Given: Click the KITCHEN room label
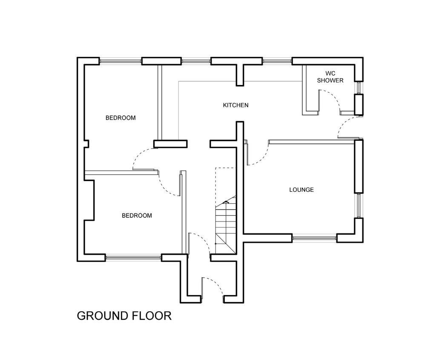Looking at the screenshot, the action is [x=235, y=105].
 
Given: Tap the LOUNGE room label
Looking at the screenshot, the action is [x=301, y=190].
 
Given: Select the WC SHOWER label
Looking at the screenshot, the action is [x=330, y=77].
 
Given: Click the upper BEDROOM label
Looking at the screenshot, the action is [x=120, y=118].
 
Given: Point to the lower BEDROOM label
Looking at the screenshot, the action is [x=137, y=216].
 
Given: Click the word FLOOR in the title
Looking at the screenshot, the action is [x=154, y=316].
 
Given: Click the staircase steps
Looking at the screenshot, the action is [x=226, y=225].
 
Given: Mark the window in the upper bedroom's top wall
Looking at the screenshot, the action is [x=120, y=61].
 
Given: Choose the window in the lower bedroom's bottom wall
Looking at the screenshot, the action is [x=133, y=258].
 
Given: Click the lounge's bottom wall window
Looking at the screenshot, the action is [x=315, y=238].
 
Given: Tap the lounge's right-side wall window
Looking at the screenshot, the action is [x=359, y=206].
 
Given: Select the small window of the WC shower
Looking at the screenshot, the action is [x=359, y=88].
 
